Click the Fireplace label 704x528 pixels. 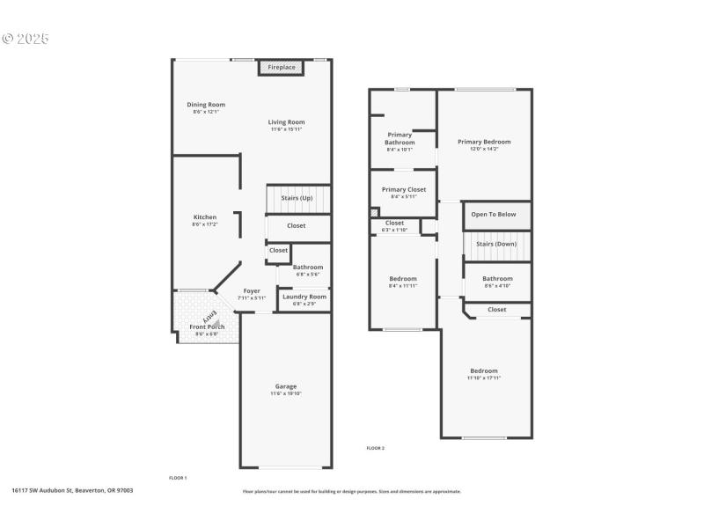[x=282, y=68]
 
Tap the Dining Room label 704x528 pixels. [x=206, y=105]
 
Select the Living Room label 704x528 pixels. [x=287, y=122]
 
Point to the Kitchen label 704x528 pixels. [x=205, y=217]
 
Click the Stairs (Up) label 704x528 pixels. [x=297, y=198]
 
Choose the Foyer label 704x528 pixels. [x=252, y=290]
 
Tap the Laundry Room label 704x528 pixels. [x=304, y=297]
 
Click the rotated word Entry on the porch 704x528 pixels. [x=210, y=315]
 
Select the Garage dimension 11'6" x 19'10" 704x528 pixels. [x=286, y=393]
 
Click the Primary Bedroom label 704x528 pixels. [x=484, y=142]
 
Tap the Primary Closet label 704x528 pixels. [x=404, y=189]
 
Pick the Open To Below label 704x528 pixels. [x=494, y=214]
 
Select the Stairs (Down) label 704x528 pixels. [x=496, y=244]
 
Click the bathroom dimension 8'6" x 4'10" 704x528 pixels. [x=497, y=285]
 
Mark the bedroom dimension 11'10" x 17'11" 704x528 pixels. [x=484, y=378]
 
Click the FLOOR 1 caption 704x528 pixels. [x=178, y=477]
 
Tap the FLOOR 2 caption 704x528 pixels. [x=376, y=448]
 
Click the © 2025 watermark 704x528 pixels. [x=26, y=39]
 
